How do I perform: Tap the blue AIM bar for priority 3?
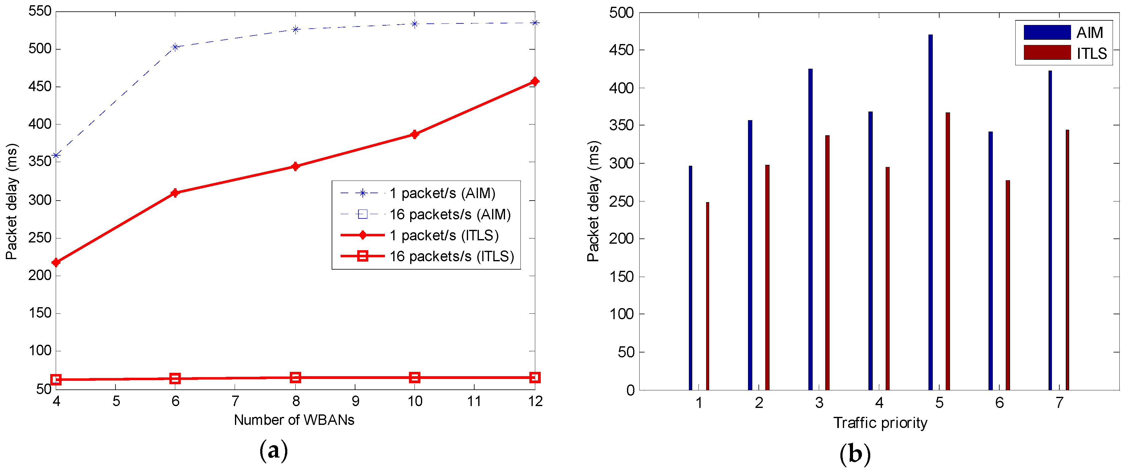pos(810,229)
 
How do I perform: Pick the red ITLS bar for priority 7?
pos(1067,260)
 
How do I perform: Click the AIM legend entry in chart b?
pos(1064,33)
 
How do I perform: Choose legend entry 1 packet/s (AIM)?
pos(442,193)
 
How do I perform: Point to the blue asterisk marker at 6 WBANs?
pos(176,47)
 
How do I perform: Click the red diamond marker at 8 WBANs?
pos(295,166)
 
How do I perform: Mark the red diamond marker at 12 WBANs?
pos(535,82)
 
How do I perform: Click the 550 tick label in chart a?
pos(40,11)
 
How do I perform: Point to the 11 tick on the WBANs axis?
pos(474,401)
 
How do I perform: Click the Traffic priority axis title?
pos(880,423)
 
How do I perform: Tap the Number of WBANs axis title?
pos(294,420)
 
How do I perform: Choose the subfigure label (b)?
pos(854,454)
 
